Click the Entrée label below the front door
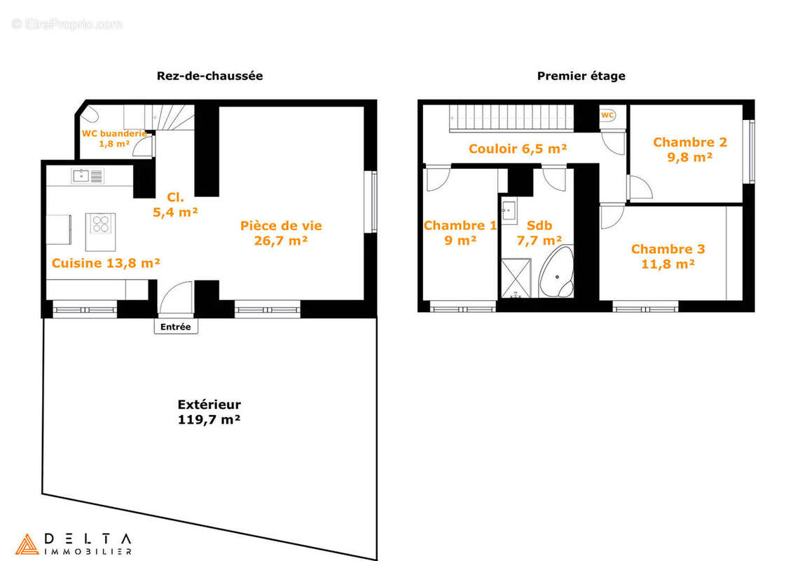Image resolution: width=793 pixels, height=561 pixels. [176, 327]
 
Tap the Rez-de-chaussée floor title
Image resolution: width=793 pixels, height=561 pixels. [209, 76]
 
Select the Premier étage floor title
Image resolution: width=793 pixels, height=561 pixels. [581, 76]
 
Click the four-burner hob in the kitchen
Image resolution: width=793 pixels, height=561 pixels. [101, 224]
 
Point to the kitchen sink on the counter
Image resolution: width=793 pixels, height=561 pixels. [81, 175]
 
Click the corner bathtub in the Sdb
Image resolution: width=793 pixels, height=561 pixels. [558, 273]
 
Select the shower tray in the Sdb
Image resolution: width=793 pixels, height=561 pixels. [515, 278]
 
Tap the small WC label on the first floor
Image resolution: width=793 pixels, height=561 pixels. [607, 115]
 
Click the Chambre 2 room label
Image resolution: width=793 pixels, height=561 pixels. [689, 149]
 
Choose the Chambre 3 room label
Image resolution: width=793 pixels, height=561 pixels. [668, 256]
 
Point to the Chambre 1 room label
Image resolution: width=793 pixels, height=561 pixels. [460, 232]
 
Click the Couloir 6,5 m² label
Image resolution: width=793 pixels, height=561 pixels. [517, 149]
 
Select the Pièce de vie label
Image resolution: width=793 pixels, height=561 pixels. [281, 233]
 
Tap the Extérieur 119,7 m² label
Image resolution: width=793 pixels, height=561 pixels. [209, 412]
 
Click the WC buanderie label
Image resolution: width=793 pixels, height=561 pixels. [114, 137]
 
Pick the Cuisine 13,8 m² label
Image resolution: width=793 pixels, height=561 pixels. [106, 263]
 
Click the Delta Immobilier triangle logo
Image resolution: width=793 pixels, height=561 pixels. [27, 544]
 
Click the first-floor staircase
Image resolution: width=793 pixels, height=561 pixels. [511, 118]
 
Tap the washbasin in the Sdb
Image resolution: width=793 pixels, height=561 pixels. [508, 209]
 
